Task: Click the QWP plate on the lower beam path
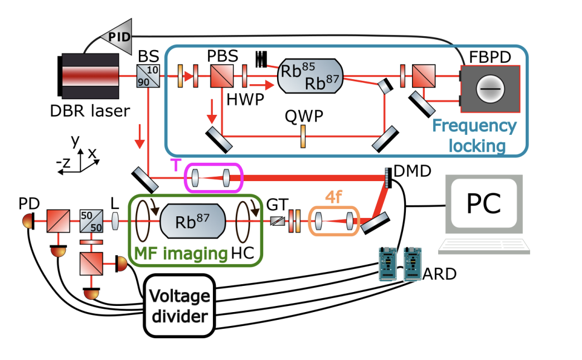click(303, 136)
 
